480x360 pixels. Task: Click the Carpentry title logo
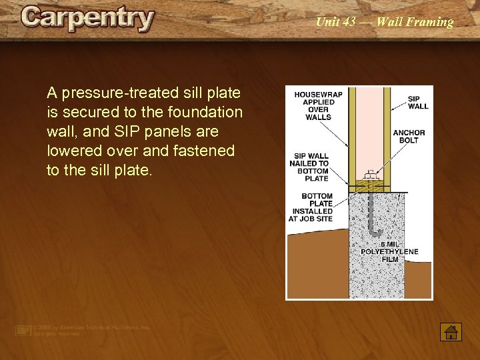click(x=87, y=19)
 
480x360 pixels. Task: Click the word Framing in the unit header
click(x=432, y=22)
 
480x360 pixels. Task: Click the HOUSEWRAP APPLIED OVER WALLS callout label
click(x=318, y=106)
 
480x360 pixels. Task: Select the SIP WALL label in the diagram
click(x=418, y=102)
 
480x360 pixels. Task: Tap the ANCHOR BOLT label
click(x=409, y=137)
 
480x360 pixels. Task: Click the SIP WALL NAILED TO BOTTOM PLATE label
click(x=309, y=167)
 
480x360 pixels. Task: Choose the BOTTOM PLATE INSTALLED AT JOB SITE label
click(x=311, y=207)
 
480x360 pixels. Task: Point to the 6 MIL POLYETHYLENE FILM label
click(x=390, y=251)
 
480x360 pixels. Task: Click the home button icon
click(x=451, y=331)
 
